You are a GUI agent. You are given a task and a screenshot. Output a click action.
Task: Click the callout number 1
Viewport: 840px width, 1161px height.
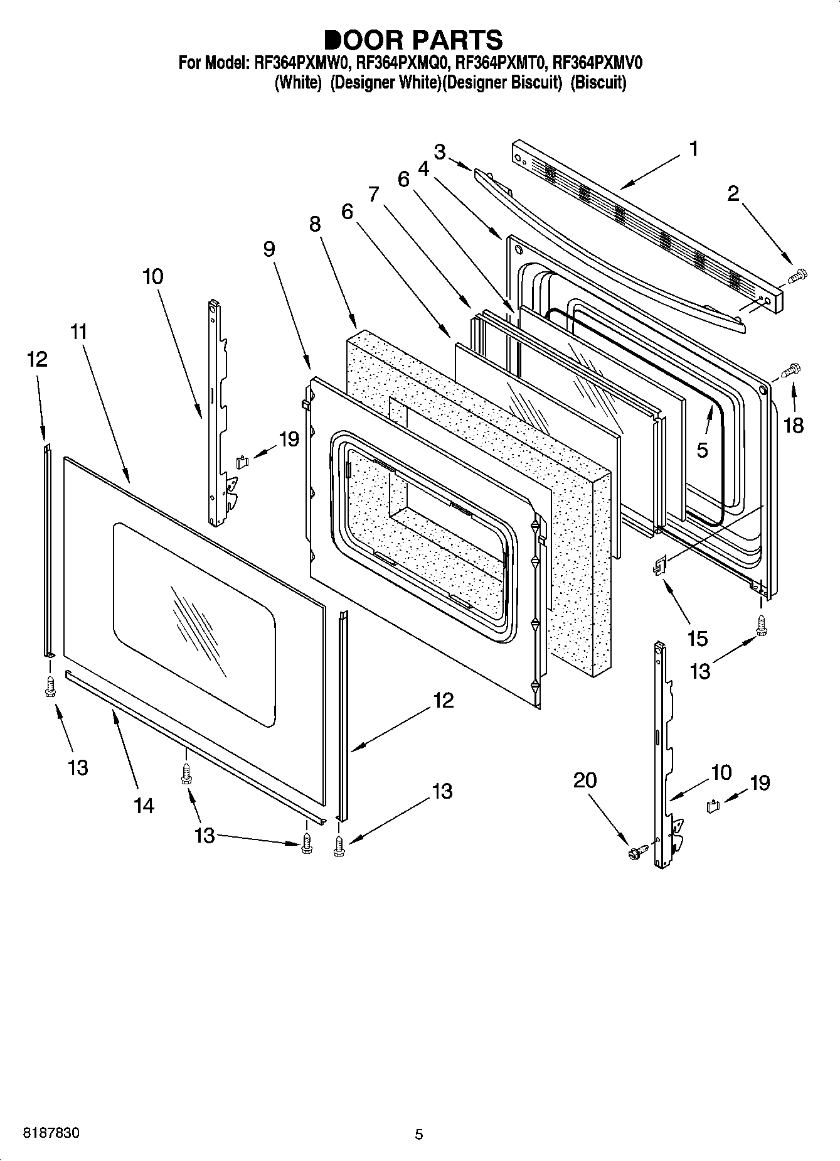[693, 149]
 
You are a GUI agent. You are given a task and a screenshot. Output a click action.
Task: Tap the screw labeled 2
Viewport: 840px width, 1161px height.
[798, 274]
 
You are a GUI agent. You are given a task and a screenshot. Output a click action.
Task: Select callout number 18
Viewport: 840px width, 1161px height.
[794, 426]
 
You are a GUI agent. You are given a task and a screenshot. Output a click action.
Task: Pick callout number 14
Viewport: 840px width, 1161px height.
[144, 805]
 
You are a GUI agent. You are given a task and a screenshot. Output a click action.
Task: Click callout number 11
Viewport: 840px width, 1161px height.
[79, 332]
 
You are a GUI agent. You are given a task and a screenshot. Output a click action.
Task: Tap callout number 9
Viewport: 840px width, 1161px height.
[268, 249]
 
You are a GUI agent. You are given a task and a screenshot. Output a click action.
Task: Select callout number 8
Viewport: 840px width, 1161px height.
[314, 224]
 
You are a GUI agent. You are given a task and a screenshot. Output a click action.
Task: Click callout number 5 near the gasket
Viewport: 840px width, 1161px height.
[702, 450]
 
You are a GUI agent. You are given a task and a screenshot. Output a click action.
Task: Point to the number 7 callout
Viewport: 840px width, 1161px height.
[374, 195]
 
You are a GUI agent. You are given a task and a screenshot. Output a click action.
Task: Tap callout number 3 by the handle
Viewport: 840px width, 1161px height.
[440, 151]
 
